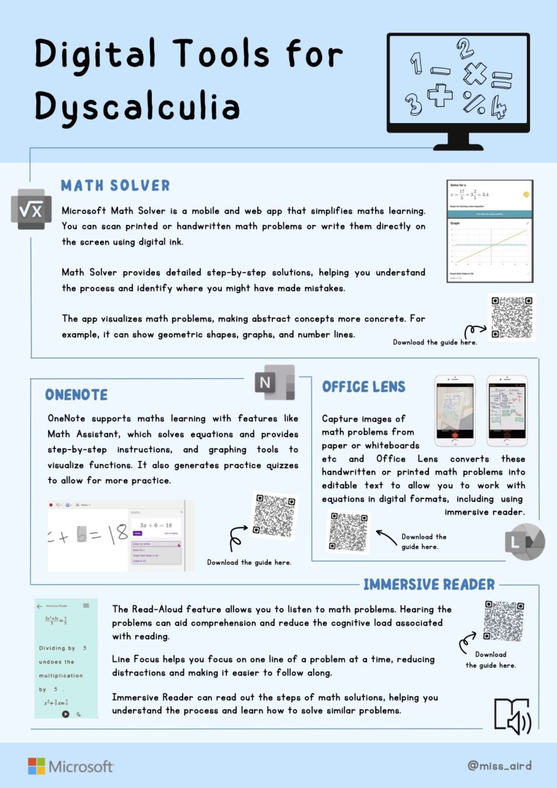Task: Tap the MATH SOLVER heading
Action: [x=115, y=186]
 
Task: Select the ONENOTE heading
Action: [x=76, y=395]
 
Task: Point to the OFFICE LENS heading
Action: [x=364, y=387]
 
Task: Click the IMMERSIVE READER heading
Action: [x=429, y=585]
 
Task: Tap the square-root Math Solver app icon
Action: [x=31, y=210]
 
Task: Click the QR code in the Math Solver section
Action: [x=511, y=317]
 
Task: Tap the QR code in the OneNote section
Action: [x=274, y=517]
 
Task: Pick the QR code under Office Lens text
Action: [x=348, y=532]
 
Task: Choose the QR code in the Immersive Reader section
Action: [x=504, y=621]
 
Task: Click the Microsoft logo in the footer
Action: [x=71, y=766]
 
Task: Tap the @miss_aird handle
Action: [x=499, y=765]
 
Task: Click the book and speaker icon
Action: [x=512, y=716]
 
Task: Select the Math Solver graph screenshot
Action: [x=490, y=231]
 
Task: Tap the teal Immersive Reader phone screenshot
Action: [x=66, y=658]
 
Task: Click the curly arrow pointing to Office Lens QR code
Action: [x=386, y=535]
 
